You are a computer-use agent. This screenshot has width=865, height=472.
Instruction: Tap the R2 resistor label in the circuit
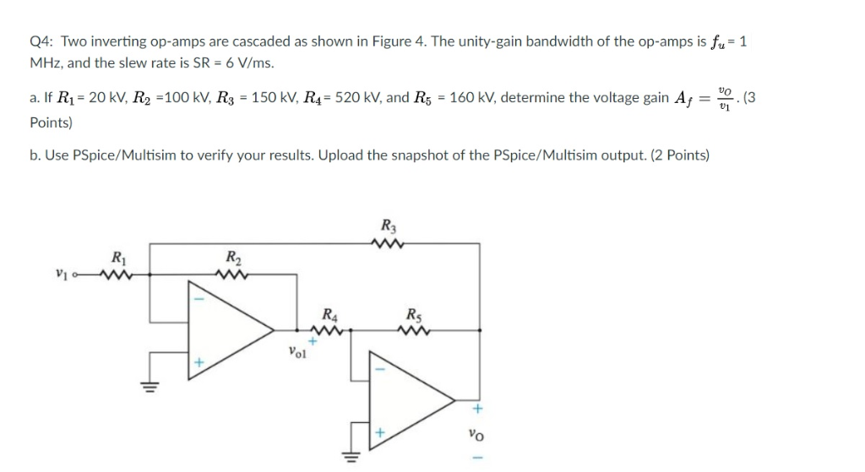pyautogui.click(x=231, y=257)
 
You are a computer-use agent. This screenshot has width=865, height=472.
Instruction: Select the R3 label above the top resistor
pyautogui.click(x=388, y=225)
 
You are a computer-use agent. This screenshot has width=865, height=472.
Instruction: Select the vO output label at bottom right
pyautogui.click(x=476, y=436)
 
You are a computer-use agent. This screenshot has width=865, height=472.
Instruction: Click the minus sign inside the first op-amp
pyautogui.click(x=201, y=299)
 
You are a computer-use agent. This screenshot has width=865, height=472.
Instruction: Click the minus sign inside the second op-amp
pyautogui.click(x=379, y=368)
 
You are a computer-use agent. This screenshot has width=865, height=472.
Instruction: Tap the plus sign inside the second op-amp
pyautogui.click(x=379, y=432)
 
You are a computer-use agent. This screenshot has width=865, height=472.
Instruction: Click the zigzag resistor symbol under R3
pyautogui.click(x=388, y=244)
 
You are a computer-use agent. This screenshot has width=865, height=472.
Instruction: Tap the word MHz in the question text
pyautogui.click(x=45, y=63)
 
